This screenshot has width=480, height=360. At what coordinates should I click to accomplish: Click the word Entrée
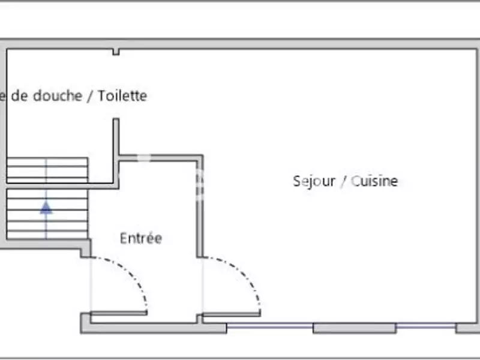[x=141, y=238]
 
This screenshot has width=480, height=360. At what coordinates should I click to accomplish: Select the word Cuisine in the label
[x=374, y=181]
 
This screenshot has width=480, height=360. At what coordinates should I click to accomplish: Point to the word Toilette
[x=122, y=95]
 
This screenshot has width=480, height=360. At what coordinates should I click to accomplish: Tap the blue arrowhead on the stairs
[x=46, y=208]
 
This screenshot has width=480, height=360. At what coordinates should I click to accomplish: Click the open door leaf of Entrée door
[x=118, y=313]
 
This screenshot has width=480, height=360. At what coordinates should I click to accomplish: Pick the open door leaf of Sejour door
[x=231, y=313]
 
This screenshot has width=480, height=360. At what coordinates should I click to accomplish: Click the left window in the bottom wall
[x=270, y=327]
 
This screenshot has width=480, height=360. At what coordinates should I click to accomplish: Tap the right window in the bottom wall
[x=425, y=327]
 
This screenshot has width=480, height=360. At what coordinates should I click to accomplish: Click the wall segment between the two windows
[x=354, y=328]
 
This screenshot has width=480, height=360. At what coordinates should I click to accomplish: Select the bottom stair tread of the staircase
[x=47, y=234]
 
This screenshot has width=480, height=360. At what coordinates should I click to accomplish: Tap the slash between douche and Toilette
[x=91, y=96]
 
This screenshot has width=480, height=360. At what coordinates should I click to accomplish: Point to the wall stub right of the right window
[x=467, y=328]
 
